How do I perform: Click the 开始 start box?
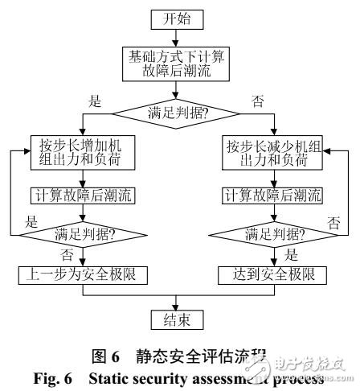click(x=179, y=18)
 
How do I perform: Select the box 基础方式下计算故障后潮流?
click(x=179, y=65)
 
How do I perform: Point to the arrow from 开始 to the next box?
click(x=179, y=39)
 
